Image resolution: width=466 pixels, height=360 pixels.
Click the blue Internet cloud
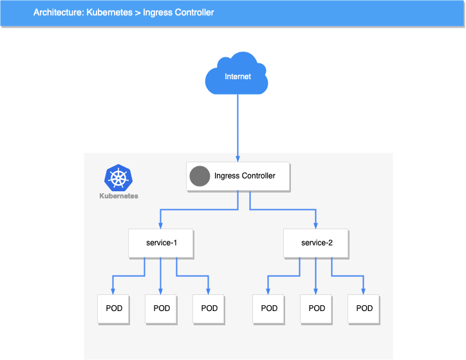point(237,75)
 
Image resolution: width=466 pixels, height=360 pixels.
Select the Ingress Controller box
point(238,176)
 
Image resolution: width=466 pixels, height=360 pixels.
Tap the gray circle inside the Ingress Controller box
point(200,176)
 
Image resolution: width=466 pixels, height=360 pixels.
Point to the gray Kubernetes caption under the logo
point(118,196)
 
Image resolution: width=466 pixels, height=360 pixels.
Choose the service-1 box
point(161,243)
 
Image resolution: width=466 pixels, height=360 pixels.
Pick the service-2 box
point(317,243)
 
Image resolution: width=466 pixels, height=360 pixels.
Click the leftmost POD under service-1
point(114,308)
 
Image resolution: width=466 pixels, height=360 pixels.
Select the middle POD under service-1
point(162,308)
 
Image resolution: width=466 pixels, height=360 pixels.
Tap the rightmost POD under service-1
point(209,308)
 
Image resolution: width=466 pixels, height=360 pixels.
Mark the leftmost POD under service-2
point(269,308)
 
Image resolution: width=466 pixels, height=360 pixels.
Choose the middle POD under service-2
point(317,308)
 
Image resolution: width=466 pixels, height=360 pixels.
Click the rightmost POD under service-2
point(364,308)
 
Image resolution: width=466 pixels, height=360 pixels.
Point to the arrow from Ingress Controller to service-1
point(193,210)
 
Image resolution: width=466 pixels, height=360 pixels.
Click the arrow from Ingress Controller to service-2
point(283,210)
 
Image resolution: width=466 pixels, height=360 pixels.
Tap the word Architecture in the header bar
point(57,12)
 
